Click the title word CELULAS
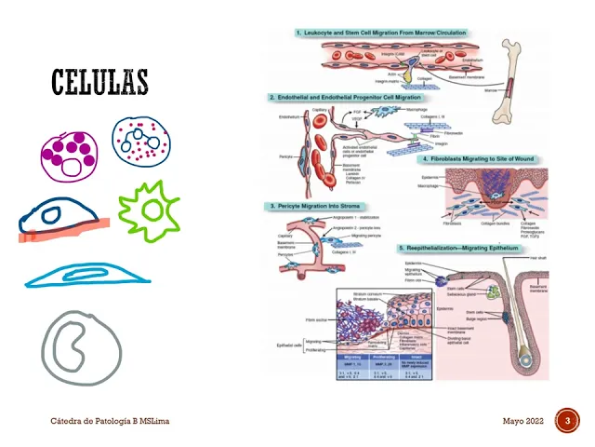tap(99, 82)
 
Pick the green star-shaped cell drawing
tap(148, 211)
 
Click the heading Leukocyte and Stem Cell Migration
tap(381, 34)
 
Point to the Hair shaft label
tap(536, 259)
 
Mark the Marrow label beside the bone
tap(491, 90)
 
